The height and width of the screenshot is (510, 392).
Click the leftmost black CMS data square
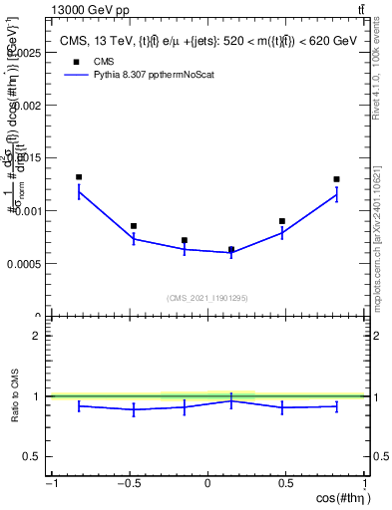coord(79,177)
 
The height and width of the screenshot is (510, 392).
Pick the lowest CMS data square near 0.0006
coord(231,249)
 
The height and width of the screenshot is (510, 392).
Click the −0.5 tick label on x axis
coord(128,484)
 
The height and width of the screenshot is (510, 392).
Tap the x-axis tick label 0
coord(207,484)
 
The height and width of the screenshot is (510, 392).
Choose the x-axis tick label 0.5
coord(286,484)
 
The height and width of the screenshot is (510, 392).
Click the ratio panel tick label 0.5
coord(30,456)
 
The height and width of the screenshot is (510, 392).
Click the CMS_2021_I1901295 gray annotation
coord(207,298)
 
